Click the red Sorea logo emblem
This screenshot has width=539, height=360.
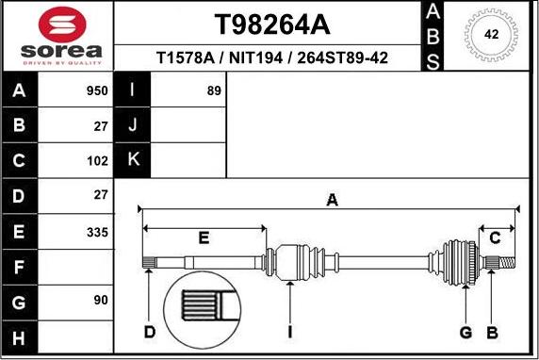[62, 25]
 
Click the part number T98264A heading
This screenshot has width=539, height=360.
[272, 25]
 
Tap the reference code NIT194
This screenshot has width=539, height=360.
[255, 57]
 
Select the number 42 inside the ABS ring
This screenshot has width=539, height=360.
[491, 34]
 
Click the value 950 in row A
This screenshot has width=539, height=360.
[97, 91]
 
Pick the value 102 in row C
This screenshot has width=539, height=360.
[97, 161]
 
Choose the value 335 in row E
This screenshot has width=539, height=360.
[97, 233]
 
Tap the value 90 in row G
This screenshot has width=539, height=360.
[101, 301]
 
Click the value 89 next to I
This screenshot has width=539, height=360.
[214, 90]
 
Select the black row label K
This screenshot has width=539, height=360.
[133, 159]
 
